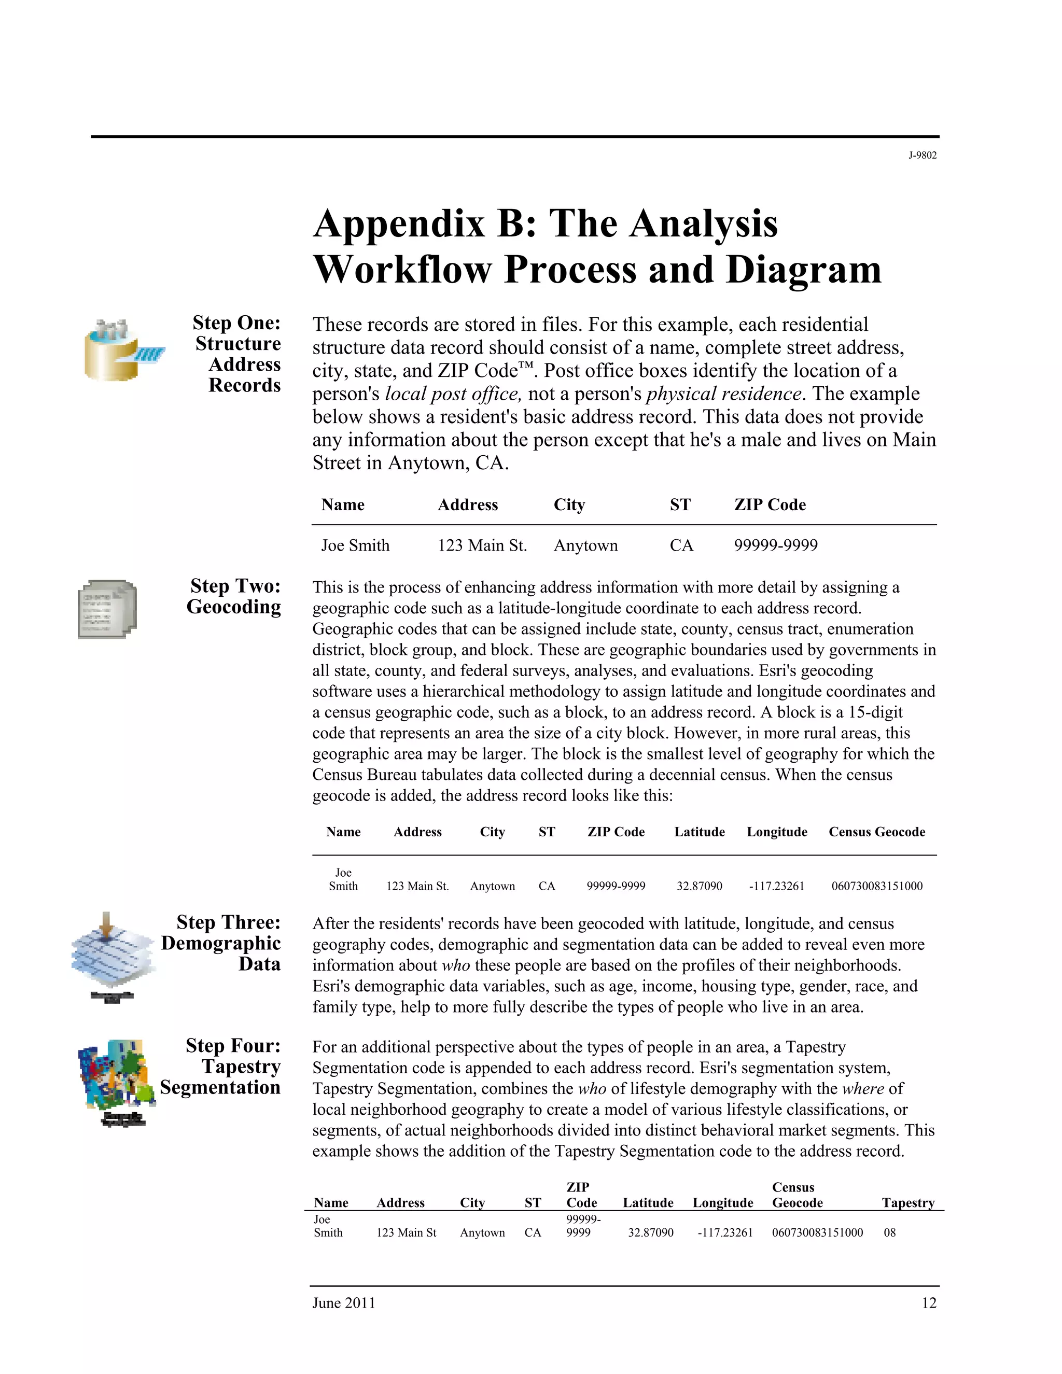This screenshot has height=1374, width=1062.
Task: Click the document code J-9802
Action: [921, 156]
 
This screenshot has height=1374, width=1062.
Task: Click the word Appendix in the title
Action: [399, 224]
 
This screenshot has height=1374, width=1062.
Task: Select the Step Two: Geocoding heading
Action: [234, 596]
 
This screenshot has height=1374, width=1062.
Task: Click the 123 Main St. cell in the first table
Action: [482, 545]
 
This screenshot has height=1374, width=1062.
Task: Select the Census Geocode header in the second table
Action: [876, 832]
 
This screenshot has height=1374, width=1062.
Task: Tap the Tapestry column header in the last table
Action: [908, 1203]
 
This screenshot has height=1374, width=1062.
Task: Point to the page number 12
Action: [929, 1303]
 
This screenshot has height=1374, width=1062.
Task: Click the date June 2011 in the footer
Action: [343, 1303]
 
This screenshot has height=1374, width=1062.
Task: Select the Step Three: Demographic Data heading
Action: [221, 943]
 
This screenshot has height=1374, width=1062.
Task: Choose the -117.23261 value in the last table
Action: [725, 1232]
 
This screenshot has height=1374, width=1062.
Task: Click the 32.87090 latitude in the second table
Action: [699, 886]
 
